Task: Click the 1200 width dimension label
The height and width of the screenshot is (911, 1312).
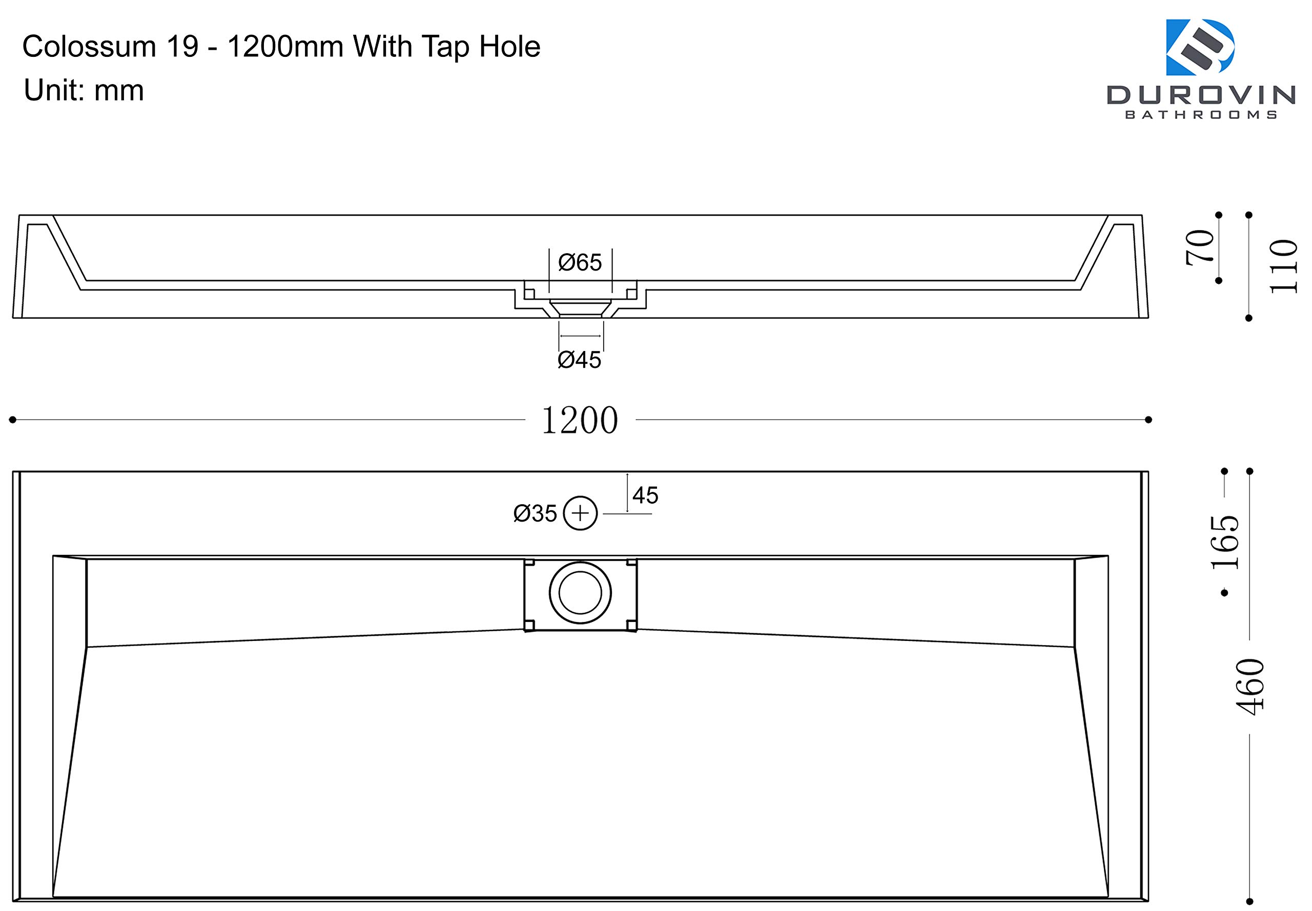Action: click(x=579, y=421)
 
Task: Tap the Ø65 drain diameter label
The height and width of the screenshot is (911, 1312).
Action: click(x=580, y=262)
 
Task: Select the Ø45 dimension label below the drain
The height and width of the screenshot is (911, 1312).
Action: click(x=579, y=360)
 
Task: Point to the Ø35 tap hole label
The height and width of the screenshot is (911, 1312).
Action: click(x=535, y=514)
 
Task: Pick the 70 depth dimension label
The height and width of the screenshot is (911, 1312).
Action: click(x=1200, y=247)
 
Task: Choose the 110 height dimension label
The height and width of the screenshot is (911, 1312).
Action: click(x=1283, y=266)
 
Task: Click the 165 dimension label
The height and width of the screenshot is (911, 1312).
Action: click(x=1225, y=542)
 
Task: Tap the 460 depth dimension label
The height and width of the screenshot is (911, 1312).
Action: click(x=1250, y=687)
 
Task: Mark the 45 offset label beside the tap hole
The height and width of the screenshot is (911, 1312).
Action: click(x=645, y=495)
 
